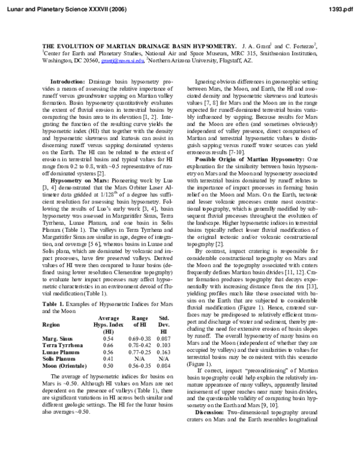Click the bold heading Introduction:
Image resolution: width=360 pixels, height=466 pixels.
point(68,80)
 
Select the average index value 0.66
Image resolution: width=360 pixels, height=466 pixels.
point(109,346)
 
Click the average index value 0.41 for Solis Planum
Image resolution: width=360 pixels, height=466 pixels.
point(109,359)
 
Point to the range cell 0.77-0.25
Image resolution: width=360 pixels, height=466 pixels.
point(140,353)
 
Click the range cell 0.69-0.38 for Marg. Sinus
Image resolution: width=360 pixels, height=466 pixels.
point(140,339)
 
